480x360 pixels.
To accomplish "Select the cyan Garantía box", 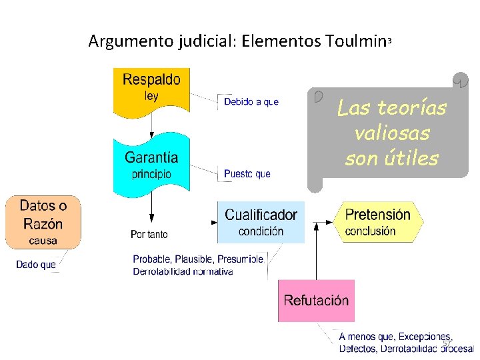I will [151, 163].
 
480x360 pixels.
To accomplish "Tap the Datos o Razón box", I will [43, 222].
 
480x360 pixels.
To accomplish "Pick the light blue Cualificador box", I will [261, 222].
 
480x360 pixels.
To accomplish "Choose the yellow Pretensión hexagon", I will [378, 222].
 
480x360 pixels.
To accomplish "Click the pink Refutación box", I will [316, 301].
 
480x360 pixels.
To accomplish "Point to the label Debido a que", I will [251, 102].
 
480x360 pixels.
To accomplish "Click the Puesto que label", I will [247, 174].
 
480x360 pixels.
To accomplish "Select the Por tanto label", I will [149, 235].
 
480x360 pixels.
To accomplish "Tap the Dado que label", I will [36, 265].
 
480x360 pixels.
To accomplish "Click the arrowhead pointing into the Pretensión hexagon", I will [335, 221].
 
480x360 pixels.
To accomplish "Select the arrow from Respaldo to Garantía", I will [151, 124].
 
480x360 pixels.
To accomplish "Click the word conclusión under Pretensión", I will [370, 231].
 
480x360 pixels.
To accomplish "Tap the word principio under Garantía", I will [151, 174].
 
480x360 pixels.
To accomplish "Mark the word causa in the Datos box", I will [43, 240].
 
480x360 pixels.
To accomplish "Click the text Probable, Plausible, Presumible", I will [198, 259].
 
